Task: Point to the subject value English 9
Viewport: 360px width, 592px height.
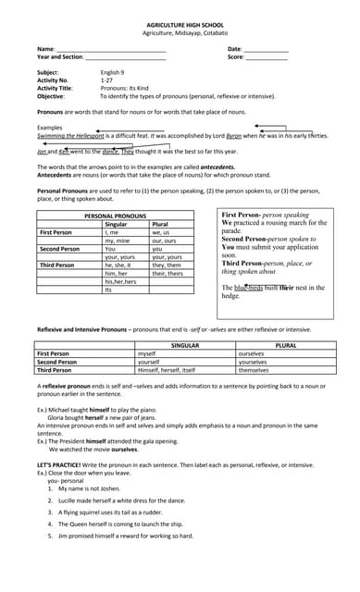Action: tap(114, 72)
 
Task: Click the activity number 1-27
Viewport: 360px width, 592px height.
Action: tap(106, 80)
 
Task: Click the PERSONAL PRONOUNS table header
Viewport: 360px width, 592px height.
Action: tap(116, 216)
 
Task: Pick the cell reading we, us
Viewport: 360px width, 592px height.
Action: tap(161, 232)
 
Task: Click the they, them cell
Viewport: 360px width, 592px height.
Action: tap(168, 265)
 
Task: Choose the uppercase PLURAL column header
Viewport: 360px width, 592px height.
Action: tap(285, 344)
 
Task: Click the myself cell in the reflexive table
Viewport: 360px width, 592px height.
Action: tap(146, 352)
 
